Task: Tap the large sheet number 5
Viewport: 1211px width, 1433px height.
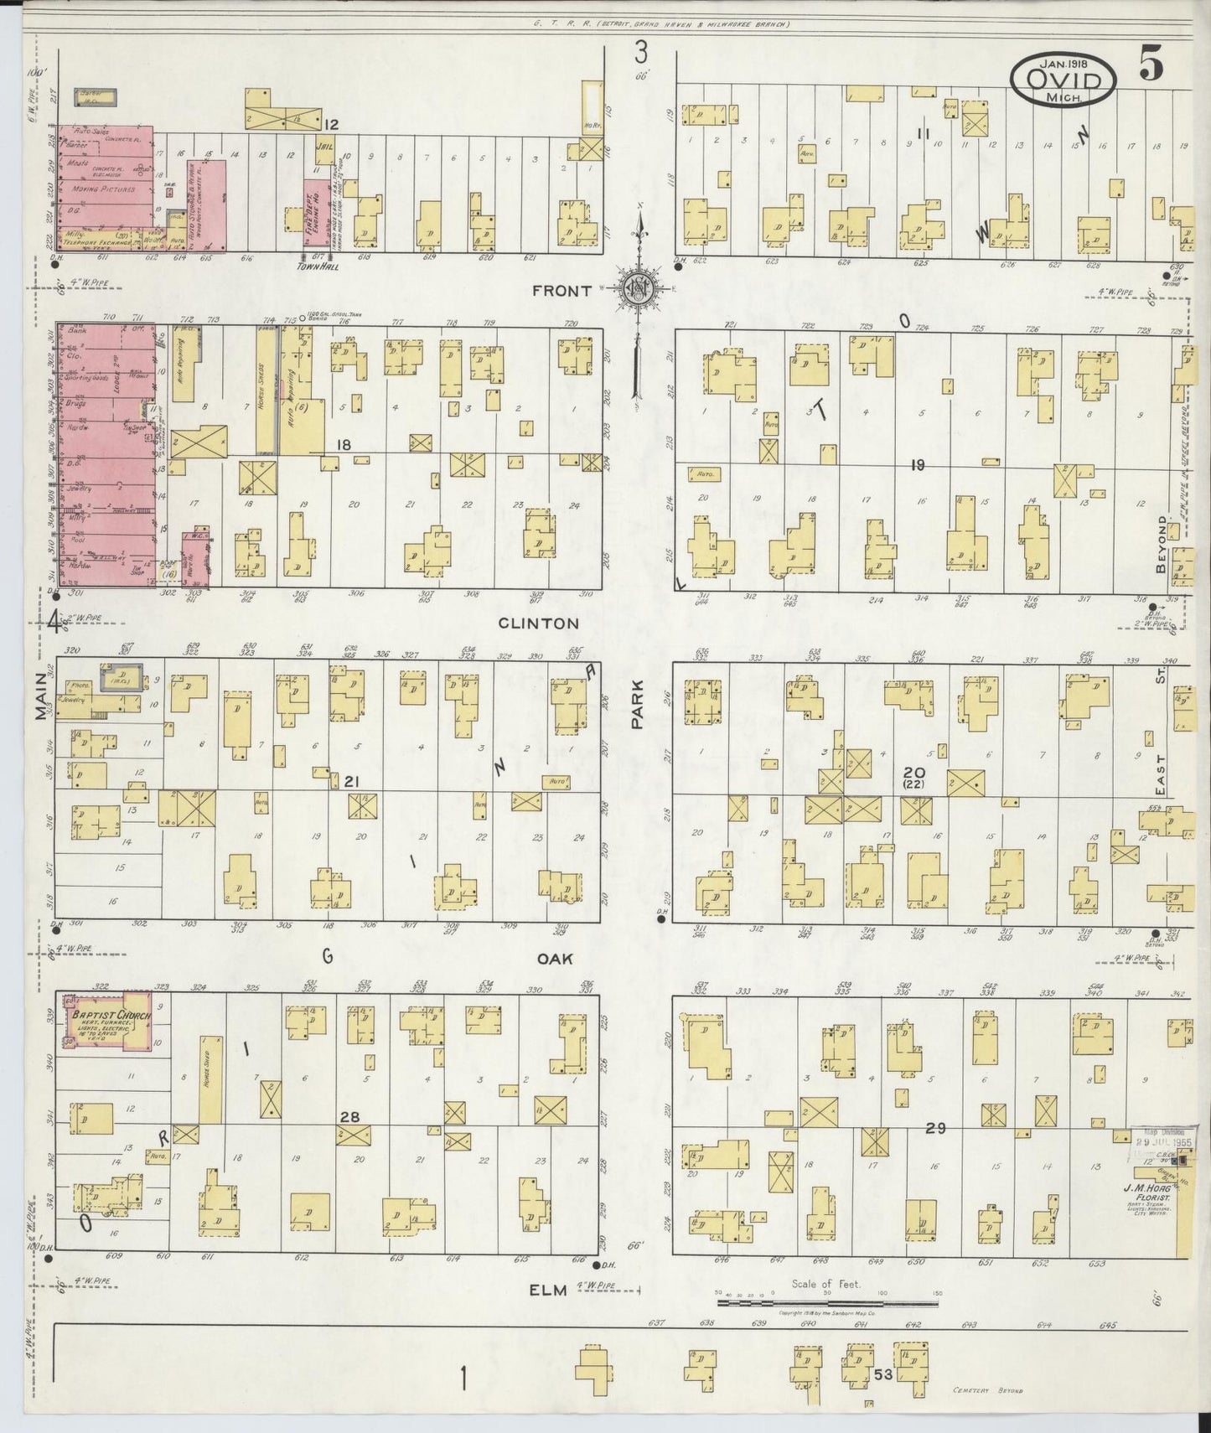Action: [1151, 66]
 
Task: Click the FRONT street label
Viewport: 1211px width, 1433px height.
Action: [562, 291]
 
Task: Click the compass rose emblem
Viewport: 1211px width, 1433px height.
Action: [639, 288]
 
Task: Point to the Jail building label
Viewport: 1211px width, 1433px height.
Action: [323, 144]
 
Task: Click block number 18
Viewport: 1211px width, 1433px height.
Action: [343, 444]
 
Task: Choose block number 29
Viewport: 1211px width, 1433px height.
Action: [936, 1129]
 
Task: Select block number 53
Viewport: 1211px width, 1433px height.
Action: [882, 1374]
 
